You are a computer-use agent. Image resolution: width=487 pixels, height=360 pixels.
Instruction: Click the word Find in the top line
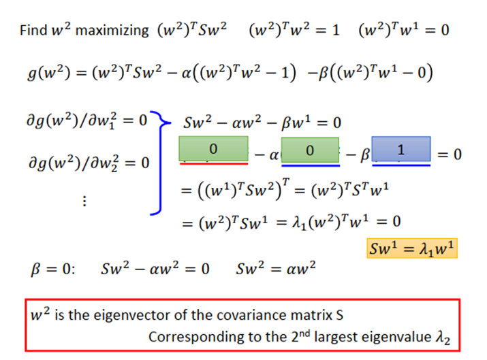(33, 30)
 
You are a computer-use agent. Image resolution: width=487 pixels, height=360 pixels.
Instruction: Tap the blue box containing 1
(401, 149)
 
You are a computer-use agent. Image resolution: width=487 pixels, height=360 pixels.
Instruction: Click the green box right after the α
(310, 150)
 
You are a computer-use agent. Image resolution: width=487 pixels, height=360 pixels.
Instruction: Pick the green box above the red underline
(213, 148)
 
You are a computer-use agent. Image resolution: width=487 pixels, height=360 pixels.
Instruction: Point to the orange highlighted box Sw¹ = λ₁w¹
(412, 248)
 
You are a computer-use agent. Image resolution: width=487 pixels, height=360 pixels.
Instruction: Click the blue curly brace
(161, 163)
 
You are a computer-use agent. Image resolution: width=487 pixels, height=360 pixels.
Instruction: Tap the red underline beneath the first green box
(214, 163)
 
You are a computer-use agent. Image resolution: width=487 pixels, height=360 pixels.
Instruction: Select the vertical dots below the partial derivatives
(84, 201)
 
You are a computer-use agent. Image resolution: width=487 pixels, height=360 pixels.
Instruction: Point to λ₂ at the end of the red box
(443, 338)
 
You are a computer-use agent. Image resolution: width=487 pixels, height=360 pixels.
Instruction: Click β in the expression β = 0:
(35, 269)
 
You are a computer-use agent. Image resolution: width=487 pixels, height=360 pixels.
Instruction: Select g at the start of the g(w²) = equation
(32, 74)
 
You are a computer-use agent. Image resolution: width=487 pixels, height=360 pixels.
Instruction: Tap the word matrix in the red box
(311, 315)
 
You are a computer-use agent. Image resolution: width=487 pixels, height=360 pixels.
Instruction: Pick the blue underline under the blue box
(401, 165)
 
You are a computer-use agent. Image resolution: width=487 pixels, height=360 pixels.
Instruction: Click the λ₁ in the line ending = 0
(299, 223)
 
